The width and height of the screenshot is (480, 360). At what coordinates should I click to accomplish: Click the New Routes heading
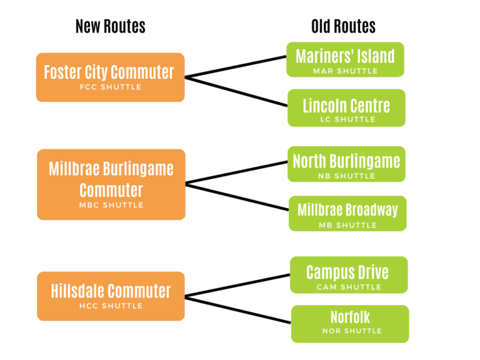pyautogui.click(x=110, y=26)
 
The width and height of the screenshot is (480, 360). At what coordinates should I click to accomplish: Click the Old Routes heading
pyautogui.click(x=343, y=26)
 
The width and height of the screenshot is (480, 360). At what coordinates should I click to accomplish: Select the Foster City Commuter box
pyautogui.click(x=110, y=77)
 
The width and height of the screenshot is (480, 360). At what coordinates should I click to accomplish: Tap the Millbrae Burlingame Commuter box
pyautogui.click(x=111, y=184)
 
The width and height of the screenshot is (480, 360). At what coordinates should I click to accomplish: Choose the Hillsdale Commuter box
pyautogui.click(x=111, y=296)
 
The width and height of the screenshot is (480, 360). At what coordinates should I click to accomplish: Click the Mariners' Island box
pyautogui.click(x=345, y=59)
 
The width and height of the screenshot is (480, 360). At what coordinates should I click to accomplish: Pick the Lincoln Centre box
pyautogui.click(x=346, y=107)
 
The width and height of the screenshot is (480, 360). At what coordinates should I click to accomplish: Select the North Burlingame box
pyautogui.click(x=346, y=164)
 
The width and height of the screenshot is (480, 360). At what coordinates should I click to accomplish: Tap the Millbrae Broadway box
pyautogui.click(x=347, y=213)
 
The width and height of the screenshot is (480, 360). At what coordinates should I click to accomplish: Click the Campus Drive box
pyautogui.click(x=347, y=275)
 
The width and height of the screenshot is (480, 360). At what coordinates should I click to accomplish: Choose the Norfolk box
pyautogui.click(x=350, y=323)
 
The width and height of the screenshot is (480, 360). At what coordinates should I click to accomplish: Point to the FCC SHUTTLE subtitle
pyautogui.click(x=111, y=87)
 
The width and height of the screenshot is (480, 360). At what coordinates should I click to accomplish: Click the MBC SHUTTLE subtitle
pyautogui.click(x=111, y=205)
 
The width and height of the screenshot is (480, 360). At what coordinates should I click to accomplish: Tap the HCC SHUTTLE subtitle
pyautogui.click(x=111, y=306)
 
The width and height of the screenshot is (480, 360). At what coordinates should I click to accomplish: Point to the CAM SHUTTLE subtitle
pyautogui.click(x=348, y=287)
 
